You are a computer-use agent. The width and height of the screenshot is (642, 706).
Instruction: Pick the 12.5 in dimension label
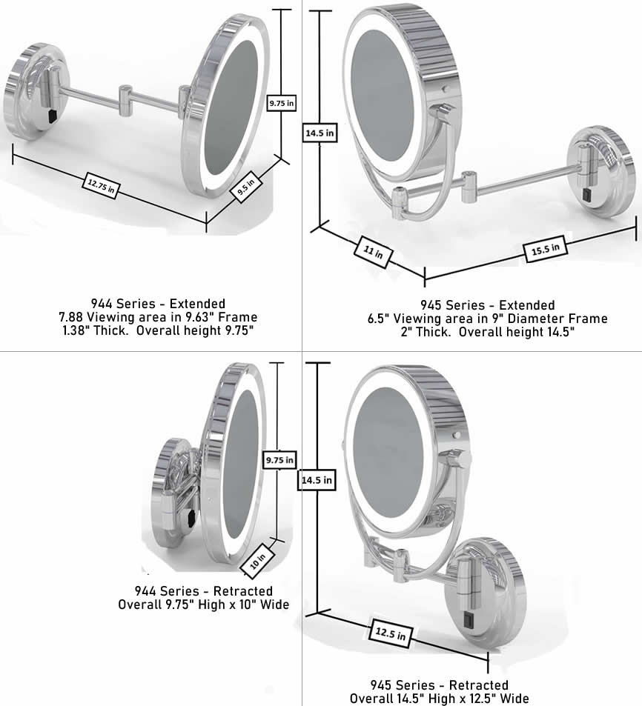click(391, 634)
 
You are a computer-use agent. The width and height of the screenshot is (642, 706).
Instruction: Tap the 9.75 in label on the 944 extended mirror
click(281, 103)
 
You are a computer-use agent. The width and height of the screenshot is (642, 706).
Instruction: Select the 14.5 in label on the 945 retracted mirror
click(317, 480)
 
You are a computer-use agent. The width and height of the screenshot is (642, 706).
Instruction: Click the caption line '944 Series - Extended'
click(158, 304)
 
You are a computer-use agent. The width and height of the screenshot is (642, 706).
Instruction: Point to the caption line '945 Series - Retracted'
click(440, 685)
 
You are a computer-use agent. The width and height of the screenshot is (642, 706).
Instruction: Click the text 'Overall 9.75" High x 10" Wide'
click(204, 605)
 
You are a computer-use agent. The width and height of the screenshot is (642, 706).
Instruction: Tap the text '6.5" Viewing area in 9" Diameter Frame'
click(487, 319)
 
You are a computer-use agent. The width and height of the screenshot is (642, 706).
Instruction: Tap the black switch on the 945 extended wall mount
click(586, 195)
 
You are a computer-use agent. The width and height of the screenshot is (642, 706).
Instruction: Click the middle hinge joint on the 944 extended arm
click(125, 96)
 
